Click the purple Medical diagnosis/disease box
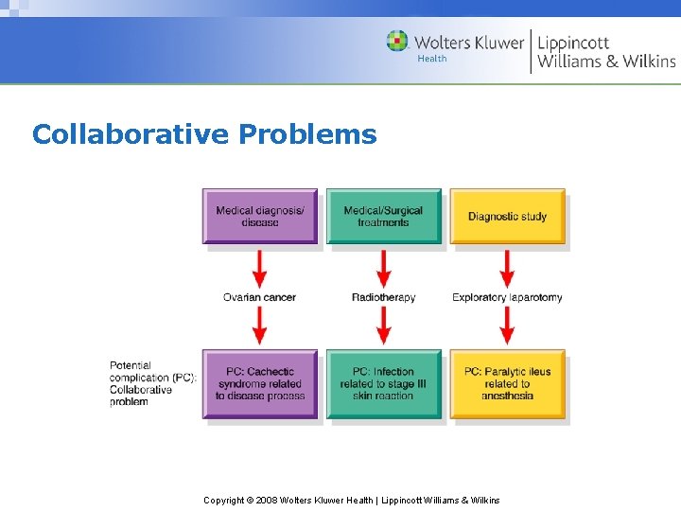pos(260,217)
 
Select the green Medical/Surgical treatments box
pos(383,217)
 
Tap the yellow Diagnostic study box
pos(507,217)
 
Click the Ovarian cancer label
pos(259,297)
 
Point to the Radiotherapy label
pos(383,297)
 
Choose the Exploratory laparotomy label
pos(507,297)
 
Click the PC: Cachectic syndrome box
pos(260,384)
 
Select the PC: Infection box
pos(383,384)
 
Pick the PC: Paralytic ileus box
pos(507,384)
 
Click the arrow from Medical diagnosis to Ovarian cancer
pos(260,268)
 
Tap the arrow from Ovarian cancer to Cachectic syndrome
pos(260,326)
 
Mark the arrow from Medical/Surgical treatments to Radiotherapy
pos(383,268)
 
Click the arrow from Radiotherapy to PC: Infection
pos(383,326)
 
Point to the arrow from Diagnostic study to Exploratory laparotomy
pos(507,268)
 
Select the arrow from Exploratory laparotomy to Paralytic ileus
pos(507,326)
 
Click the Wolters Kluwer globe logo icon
pos(397,42)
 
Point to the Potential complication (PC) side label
pos(151,383)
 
